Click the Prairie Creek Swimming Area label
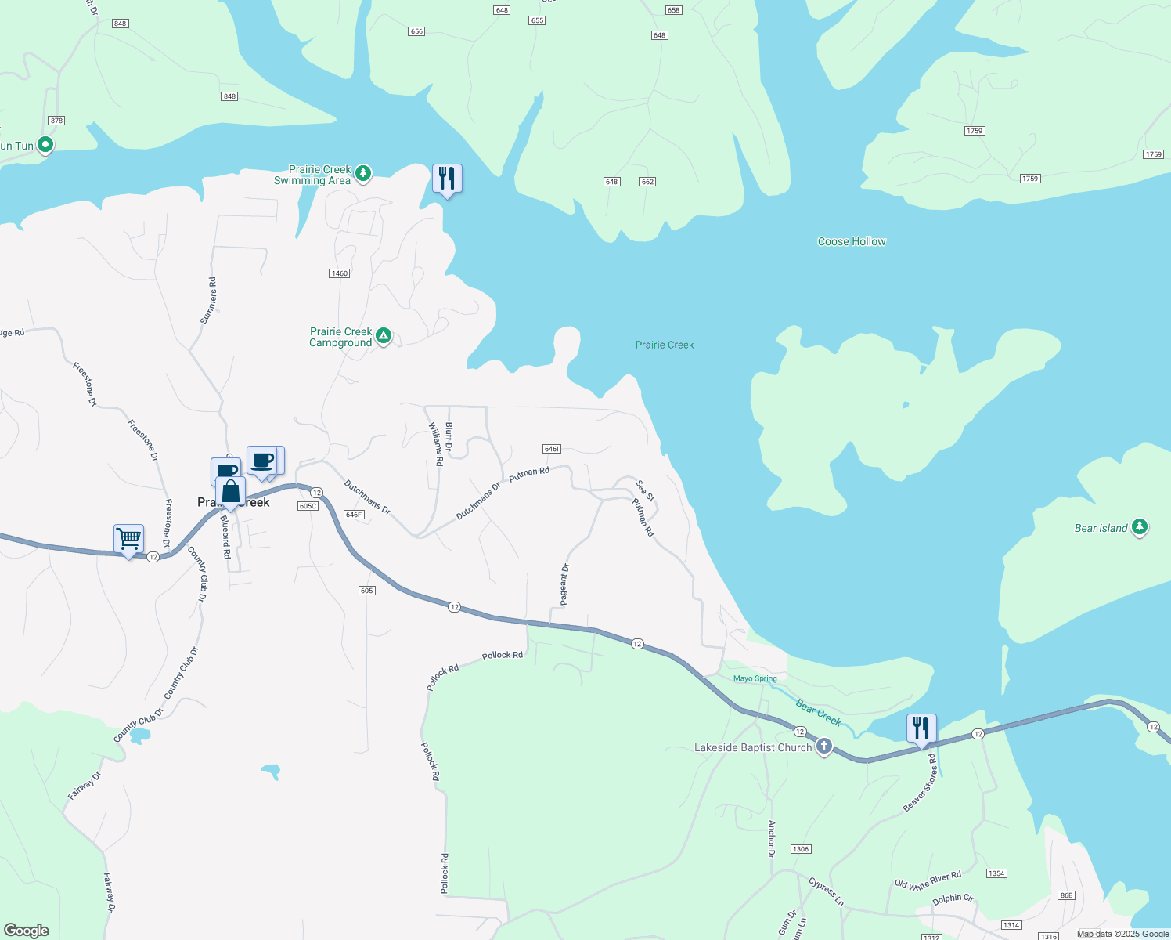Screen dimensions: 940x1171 point(313,175)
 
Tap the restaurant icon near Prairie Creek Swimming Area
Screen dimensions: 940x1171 point(447,179)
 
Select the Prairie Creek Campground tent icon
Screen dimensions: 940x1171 point(384,336)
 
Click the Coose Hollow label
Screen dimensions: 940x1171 point(852,241)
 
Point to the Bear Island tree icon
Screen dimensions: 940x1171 point(1140,527)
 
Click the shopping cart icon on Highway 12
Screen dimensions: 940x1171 point(128,539)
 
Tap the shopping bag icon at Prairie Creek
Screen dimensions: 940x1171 point(231,493)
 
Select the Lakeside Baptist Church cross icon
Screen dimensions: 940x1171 point(823,747)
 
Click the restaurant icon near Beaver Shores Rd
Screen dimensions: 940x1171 point(921,728)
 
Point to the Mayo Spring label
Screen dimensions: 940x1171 point(755,678)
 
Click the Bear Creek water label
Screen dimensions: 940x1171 point(818,713)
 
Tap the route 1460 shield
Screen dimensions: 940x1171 point(339,273)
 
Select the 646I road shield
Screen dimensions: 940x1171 point(551,449)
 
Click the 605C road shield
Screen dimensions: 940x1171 point(308,506)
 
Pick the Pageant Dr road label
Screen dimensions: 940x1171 point(564,584)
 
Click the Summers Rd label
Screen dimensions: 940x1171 point(208,300)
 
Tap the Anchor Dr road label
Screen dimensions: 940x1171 point(771,838)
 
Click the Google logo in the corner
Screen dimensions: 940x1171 point(26,931)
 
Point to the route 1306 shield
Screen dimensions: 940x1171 point(800,849)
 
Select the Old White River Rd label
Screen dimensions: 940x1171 point(928,880)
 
